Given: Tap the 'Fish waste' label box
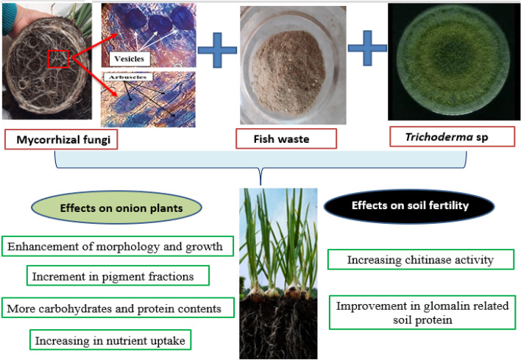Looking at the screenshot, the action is click(x=286, y=138).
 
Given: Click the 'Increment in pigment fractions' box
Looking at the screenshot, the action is click(x=118, y=276).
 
